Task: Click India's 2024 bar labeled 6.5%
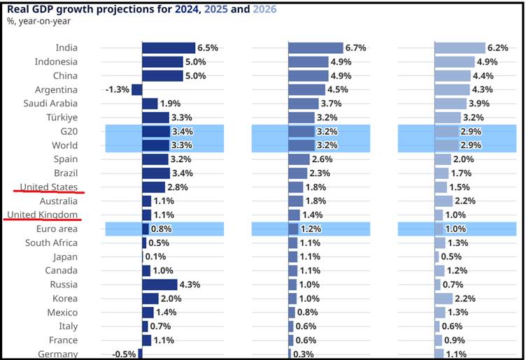pos(169,48)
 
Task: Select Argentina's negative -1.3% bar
pos(137,89)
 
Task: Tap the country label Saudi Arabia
pos(50,103)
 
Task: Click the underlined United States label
pos(49,187)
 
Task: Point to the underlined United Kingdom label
pos(42,215)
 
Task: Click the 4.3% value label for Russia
pos(190,285)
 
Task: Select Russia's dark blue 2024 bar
pos(159,285)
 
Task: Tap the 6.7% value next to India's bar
pos(355,48)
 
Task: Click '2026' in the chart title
pos(264,9)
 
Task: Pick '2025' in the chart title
pos(216,9)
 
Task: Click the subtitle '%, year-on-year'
pos(38,22)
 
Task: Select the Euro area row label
pos(57,229)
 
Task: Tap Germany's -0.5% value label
pos(124,354)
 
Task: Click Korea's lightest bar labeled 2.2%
pos(443,298)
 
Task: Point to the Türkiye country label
pos(62,117)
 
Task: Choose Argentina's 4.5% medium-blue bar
pos(306,89)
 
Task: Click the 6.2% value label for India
pos(498,48)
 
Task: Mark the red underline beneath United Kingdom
pos(42,219)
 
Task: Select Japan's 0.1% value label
pos(156,257)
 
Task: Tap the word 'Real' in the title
pos(18,9)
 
